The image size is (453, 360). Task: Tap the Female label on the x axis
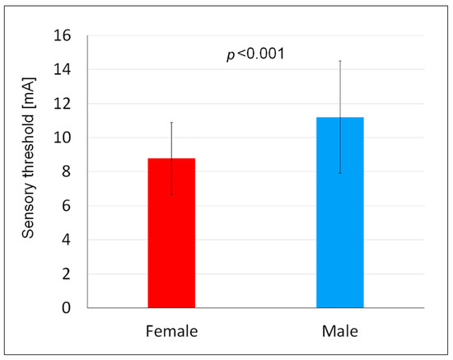[171, 330]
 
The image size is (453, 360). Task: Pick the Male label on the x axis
[340, 330]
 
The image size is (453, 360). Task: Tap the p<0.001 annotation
[257, 54]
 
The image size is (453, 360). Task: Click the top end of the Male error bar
[340, 61]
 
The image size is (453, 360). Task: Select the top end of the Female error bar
[171, 123]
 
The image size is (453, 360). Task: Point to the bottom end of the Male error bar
[340, 173]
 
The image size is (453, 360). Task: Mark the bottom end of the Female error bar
[171, 194]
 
